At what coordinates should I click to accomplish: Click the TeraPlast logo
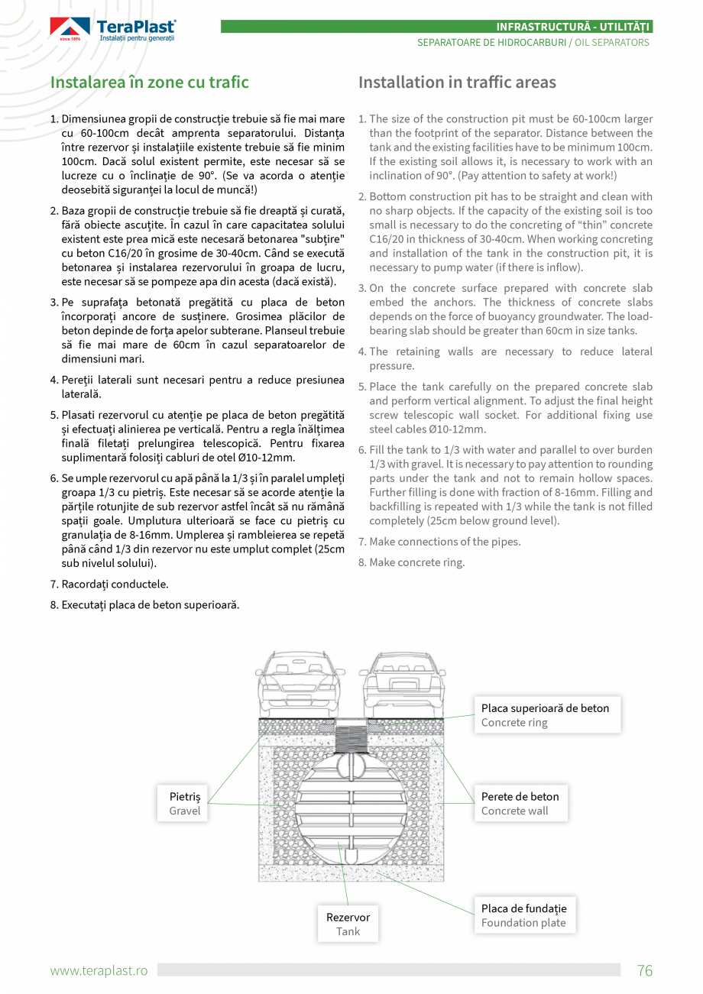[113, 29]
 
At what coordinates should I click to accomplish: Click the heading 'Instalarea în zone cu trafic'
[150, 83]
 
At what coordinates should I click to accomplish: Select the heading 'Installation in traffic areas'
[457, 83]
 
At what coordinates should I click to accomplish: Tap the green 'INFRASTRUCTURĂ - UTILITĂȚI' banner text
[572, 27]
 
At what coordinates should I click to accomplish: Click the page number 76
[645, 970]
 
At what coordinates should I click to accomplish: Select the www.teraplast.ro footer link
[99, 970]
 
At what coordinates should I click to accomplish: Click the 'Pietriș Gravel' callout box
[185, 803]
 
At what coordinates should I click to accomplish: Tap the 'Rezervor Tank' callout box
[348, 924]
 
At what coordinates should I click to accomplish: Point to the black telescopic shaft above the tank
[351, 740]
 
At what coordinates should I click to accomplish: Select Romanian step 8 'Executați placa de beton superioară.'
[150, 605]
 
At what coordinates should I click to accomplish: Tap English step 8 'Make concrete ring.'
[416, 562]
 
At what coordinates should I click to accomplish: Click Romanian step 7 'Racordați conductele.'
[115, 584]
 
